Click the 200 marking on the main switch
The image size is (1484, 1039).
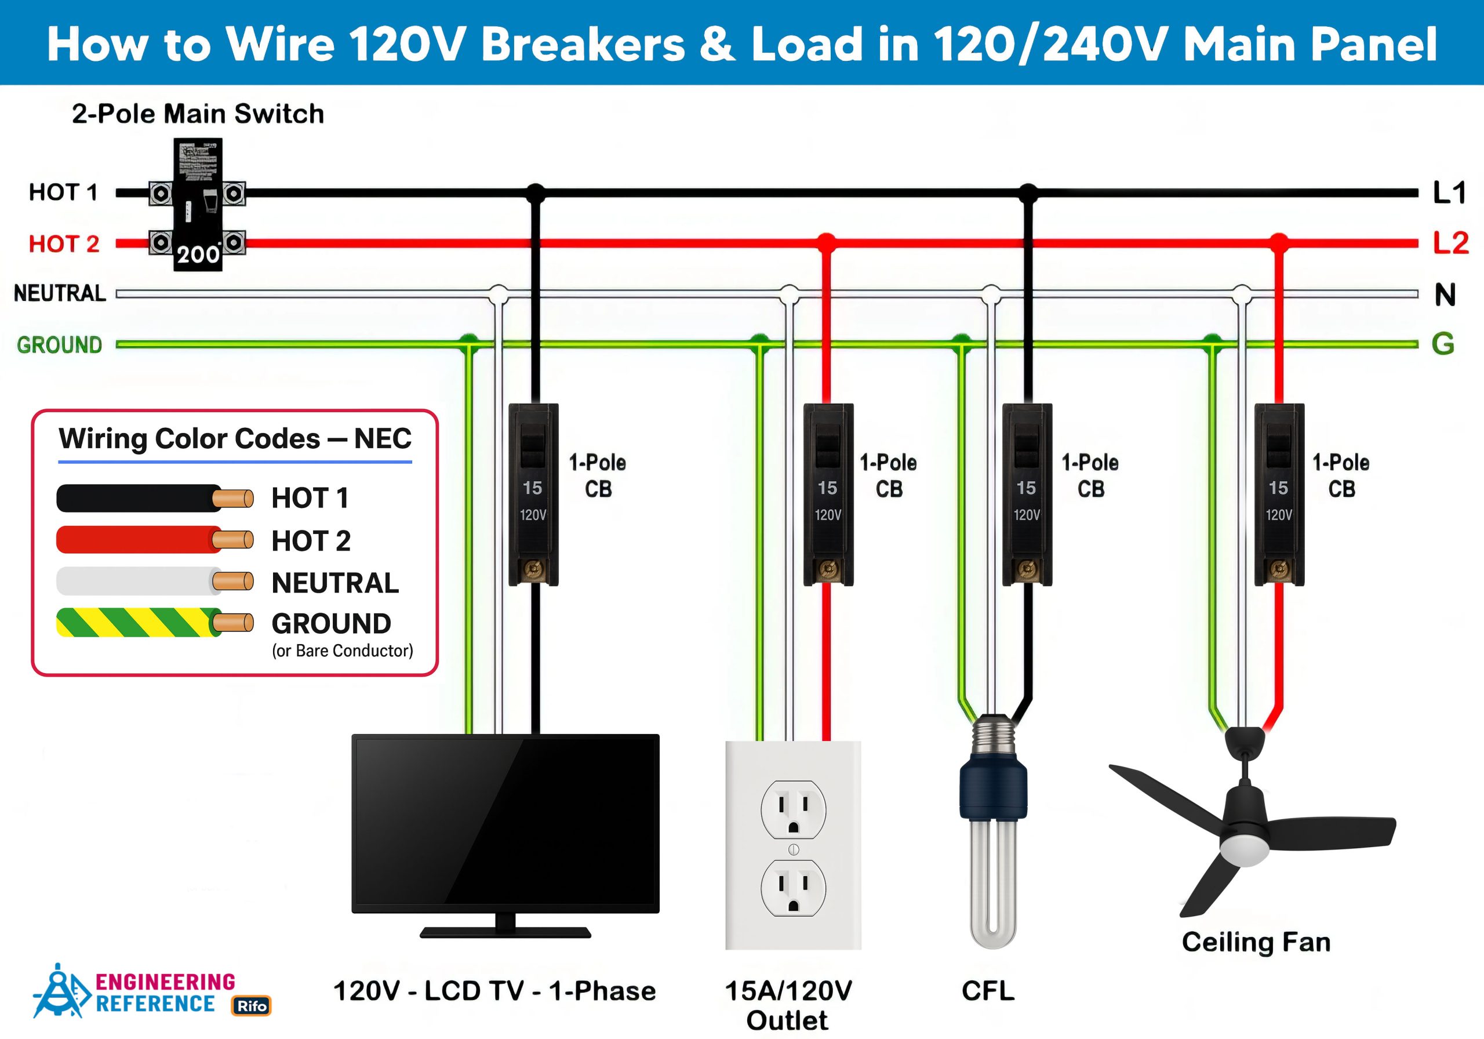198,254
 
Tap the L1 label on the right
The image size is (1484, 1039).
1449,192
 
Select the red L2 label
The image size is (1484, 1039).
1450,243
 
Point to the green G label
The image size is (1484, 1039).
1443,344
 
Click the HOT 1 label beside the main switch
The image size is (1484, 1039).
63,192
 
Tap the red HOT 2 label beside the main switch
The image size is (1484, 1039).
64,244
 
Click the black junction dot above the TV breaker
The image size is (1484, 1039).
535,192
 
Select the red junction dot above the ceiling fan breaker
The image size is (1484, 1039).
1278,243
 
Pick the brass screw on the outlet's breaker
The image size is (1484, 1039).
828,569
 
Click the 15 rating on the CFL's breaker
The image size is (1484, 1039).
1025,488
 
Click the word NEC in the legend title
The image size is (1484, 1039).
383,438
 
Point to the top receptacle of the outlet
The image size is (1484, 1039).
793,809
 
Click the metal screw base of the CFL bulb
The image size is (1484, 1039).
994,737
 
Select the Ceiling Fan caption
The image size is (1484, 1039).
1255,942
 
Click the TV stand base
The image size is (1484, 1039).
505,932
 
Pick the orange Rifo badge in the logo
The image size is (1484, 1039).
252,1005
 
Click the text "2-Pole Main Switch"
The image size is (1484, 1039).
198,114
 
